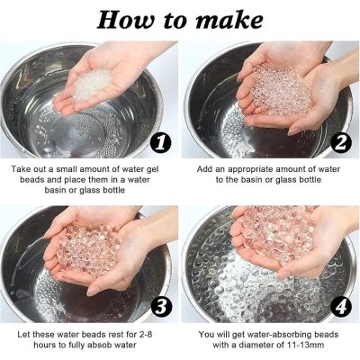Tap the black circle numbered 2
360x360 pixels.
coord(340,143)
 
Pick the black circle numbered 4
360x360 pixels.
coord(340,308)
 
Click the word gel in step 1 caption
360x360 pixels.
coord(152,169)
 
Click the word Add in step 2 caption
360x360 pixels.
coord(204,169)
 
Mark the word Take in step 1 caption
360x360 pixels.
coord(20,169)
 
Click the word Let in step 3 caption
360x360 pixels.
coord(23,334)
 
